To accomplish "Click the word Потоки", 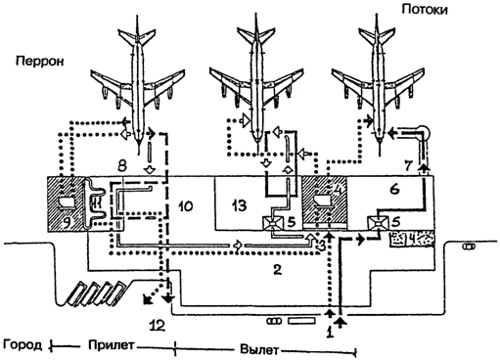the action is click(425, 10).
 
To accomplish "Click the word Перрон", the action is click(40, 61).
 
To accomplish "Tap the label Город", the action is click(23, 345).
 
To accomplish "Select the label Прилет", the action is click(111, 345).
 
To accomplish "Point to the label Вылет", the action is click(259, 350).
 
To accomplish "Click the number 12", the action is click(157, 325).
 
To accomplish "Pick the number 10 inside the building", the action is click(186, 206).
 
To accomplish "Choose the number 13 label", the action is click(239, 206).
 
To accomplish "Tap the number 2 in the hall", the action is click(277, 269).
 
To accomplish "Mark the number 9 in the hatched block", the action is click(67, 222).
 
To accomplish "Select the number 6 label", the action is click(394, 189).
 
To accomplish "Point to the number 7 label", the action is click(409, 165).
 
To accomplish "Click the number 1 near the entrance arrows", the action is click(330, 333).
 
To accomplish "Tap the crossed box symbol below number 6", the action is click(377, 223).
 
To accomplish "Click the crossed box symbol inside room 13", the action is click(273, 223).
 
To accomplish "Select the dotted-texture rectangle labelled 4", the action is click(412, 240).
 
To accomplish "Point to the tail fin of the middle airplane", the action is click(257, 31).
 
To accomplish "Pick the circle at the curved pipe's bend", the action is click(425, 132).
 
